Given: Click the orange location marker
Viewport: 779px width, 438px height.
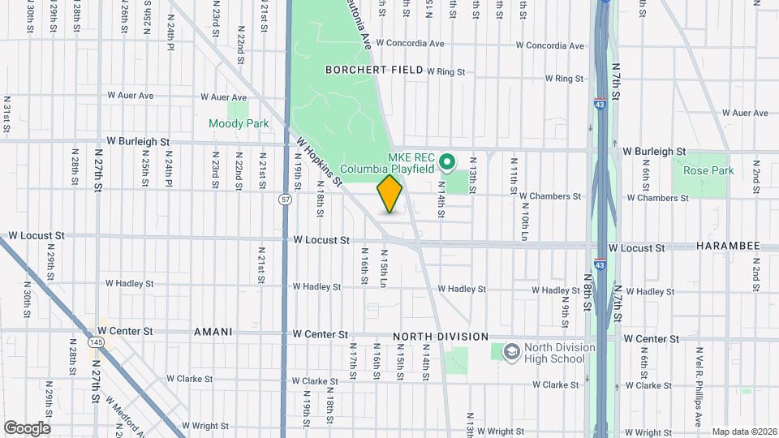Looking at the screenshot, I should coord(390,194).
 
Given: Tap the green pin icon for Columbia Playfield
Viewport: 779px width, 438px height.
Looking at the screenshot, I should coord(446,164).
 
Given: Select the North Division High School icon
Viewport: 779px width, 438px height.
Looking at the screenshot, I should coord(511,352).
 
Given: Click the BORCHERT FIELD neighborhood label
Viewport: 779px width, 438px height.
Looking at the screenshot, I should coord(374,70).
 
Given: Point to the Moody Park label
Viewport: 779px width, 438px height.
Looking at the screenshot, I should coord(239,124).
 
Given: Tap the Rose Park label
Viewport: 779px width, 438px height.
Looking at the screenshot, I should coord(708,171).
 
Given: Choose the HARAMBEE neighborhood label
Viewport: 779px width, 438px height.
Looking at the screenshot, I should coord(728,246).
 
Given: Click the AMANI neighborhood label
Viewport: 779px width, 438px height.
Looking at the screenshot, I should coord(213,333).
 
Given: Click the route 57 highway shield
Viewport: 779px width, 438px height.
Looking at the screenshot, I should coord(285,199).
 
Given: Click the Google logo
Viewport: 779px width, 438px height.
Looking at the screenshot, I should coord(27,428).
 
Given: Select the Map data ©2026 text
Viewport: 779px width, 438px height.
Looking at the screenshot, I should coord(742,432).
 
